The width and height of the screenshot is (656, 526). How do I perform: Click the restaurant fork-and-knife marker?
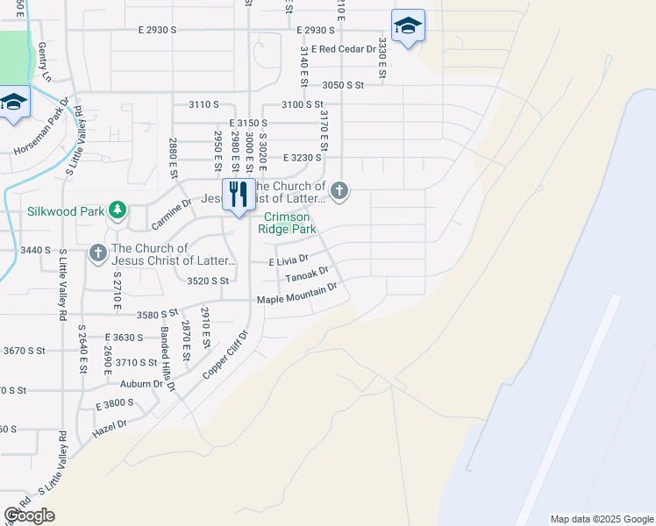click(239, 195)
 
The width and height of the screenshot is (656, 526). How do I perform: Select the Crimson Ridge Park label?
click(287, 223)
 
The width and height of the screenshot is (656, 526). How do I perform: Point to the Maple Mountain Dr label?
click(297, 295)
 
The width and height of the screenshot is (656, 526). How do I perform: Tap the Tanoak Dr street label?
click(307, 276)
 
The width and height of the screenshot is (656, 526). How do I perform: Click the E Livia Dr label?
click(289, 260)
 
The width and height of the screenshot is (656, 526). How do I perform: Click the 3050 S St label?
click(343, 85)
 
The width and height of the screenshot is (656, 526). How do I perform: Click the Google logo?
click(29, 515)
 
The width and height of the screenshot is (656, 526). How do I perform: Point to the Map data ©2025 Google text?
click(602, 519)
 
